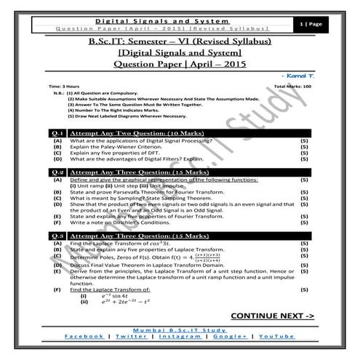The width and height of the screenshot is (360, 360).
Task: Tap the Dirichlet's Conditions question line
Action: pyautogui.click(x=117, y=222)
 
